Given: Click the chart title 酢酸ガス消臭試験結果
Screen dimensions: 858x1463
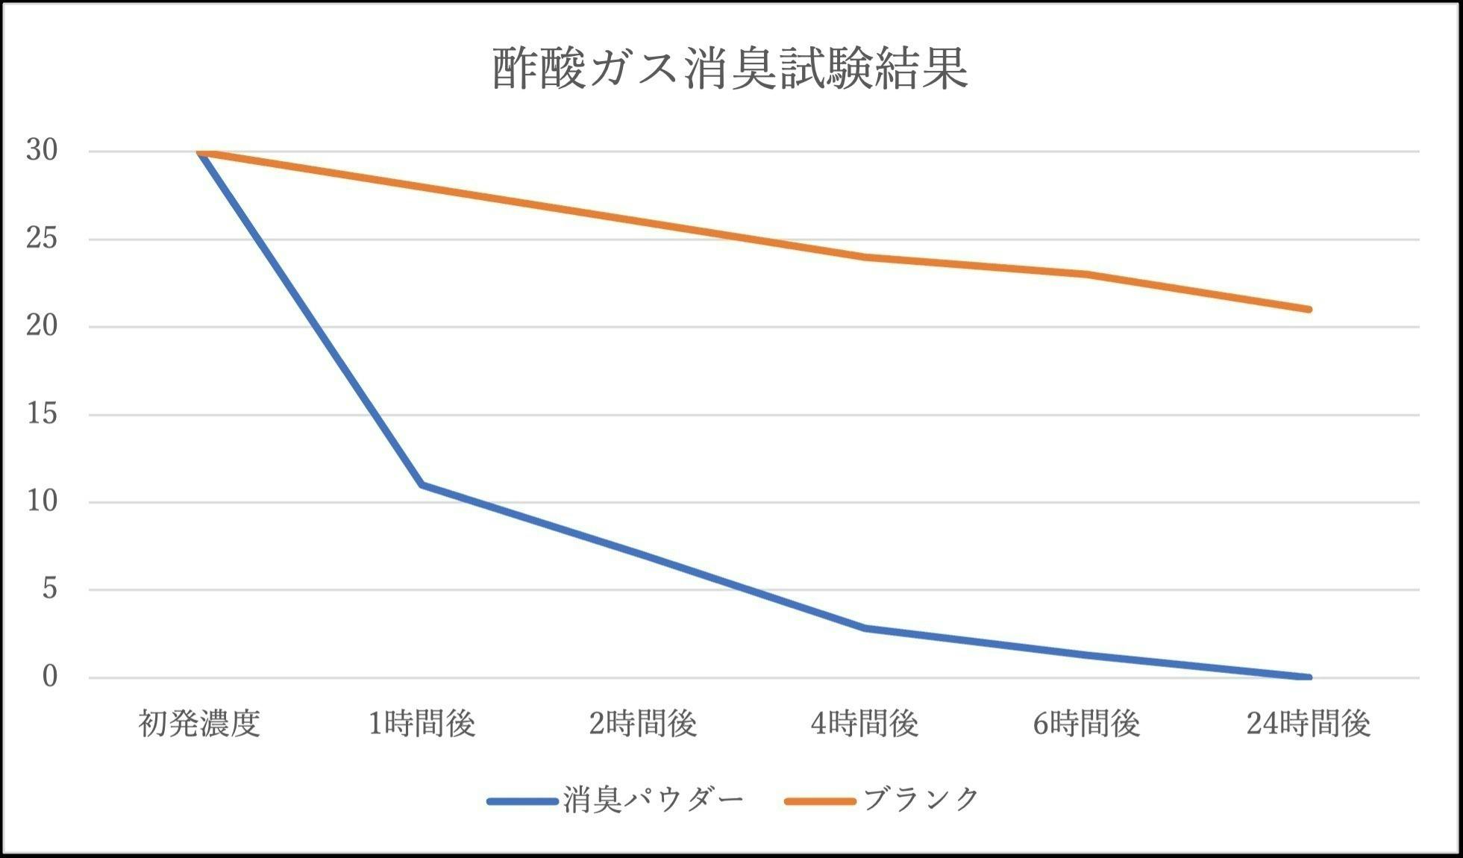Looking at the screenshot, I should (730, 69).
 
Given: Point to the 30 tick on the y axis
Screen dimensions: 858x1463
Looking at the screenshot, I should (42, 151).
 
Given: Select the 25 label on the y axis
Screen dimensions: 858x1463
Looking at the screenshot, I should (42, 239).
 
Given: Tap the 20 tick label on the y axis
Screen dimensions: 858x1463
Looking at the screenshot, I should (42, 326).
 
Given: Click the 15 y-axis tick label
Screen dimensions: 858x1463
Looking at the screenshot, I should (42, 414).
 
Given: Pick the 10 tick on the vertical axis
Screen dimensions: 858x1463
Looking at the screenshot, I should (42, 501).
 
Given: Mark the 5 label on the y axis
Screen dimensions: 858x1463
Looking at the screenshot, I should (49, 589).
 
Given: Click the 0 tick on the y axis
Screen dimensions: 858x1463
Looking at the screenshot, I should (49, 677).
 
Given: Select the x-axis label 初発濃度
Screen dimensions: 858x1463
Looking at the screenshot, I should (199, 724).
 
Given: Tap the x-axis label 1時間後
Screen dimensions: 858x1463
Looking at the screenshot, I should (422, 724).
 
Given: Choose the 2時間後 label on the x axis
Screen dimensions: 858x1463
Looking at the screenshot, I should (643, 724).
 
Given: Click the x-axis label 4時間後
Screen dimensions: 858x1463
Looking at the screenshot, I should (865, 724).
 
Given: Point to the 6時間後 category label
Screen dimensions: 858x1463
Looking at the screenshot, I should (1086, 724).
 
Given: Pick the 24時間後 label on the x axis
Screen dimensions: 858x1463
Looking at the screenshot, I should (1309, 724).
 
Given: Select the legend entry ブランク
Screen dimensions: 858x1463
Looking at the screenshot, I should (921, 801).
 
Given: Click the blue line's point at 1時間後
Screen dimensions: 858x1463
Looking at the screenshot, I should (422, 485).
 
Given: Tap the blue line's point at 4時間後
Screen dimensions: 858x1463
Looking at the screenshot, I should (865, 628).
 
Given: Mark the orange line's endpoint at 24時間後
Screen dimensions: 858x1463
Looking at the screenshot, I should (1309, 309).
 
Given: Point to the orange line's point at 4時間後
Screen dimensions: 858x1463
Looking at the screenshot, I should (865, 257).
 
